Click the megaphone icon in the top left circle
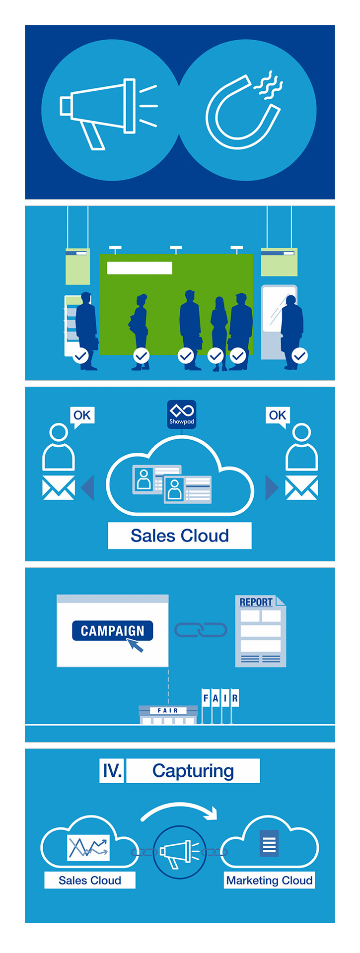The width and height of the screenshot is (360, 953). (x=107, y=110)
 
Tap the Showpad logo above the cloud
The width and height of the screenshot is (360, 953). (x=181, y=414)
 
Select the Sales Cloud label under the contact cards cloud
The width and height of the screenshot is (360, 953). (x=180, y=536)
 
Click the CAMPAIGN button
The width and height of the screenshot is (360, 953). (x=113, y=630)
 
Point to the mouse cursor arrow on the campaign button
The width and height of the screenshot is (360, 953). (x=135, y=645)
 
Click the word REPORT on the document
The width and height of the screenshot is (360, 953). (x=256, y=602)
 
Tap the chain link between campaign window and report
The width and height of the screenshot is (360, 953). (x=201, y=630)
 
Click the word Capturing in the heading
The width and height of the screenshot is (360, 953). (x=193, y=771)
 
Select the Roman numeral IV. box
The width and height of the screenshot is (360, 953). (x=112, y=771)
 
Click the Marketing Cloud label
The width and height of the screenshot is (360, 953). (x=269, y=881)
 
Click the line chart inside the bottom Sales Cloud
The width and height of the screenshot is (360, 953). (x=88, y=847)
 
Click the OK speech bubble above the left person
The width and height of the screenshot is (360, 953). (x=82, y=416)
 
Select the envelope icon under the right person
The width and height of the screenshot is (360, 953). (x=301, y=487)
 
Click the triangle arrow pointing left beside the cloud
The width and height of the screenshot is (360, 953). (x=88, y=488)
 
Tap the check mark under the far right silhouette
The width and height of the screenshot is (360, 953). (x=300, y=355)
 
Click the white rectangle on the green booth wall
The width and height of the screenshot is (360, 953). (x=140, y=268)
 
